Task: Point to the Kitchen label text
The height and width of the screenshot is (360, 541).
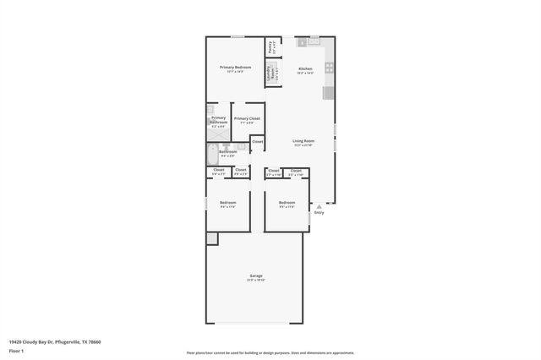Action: click(305, 69)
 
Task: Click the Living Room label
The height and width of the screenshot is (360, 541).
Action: click(303, 142)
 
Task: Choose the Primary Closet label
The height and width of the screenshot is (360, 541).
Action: click(247, 120)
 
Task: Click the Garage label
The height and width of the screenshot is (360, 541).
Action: click(255, 277)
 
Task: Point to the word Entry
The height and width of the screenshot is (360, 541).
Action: click(319, 212)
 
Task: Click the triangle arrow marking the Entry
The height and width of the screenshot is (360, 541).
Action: click(319, 205)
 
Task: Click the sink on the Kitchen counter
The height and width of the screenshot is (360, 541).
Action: click(314, 40)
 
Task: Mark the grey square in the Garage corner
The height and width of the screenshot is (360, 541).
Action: click(212, 239)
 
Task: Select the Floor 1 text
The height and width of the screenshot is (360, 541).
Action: click(16, 350)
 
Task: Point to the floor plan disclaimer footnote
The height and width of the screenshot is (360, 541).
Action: click(270, 353)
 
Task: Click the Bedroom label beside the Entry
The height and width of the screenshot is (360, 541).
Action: click(287, 203)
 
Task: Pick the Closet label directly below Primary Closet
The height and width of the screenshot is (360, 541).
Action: click(257, 141)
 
